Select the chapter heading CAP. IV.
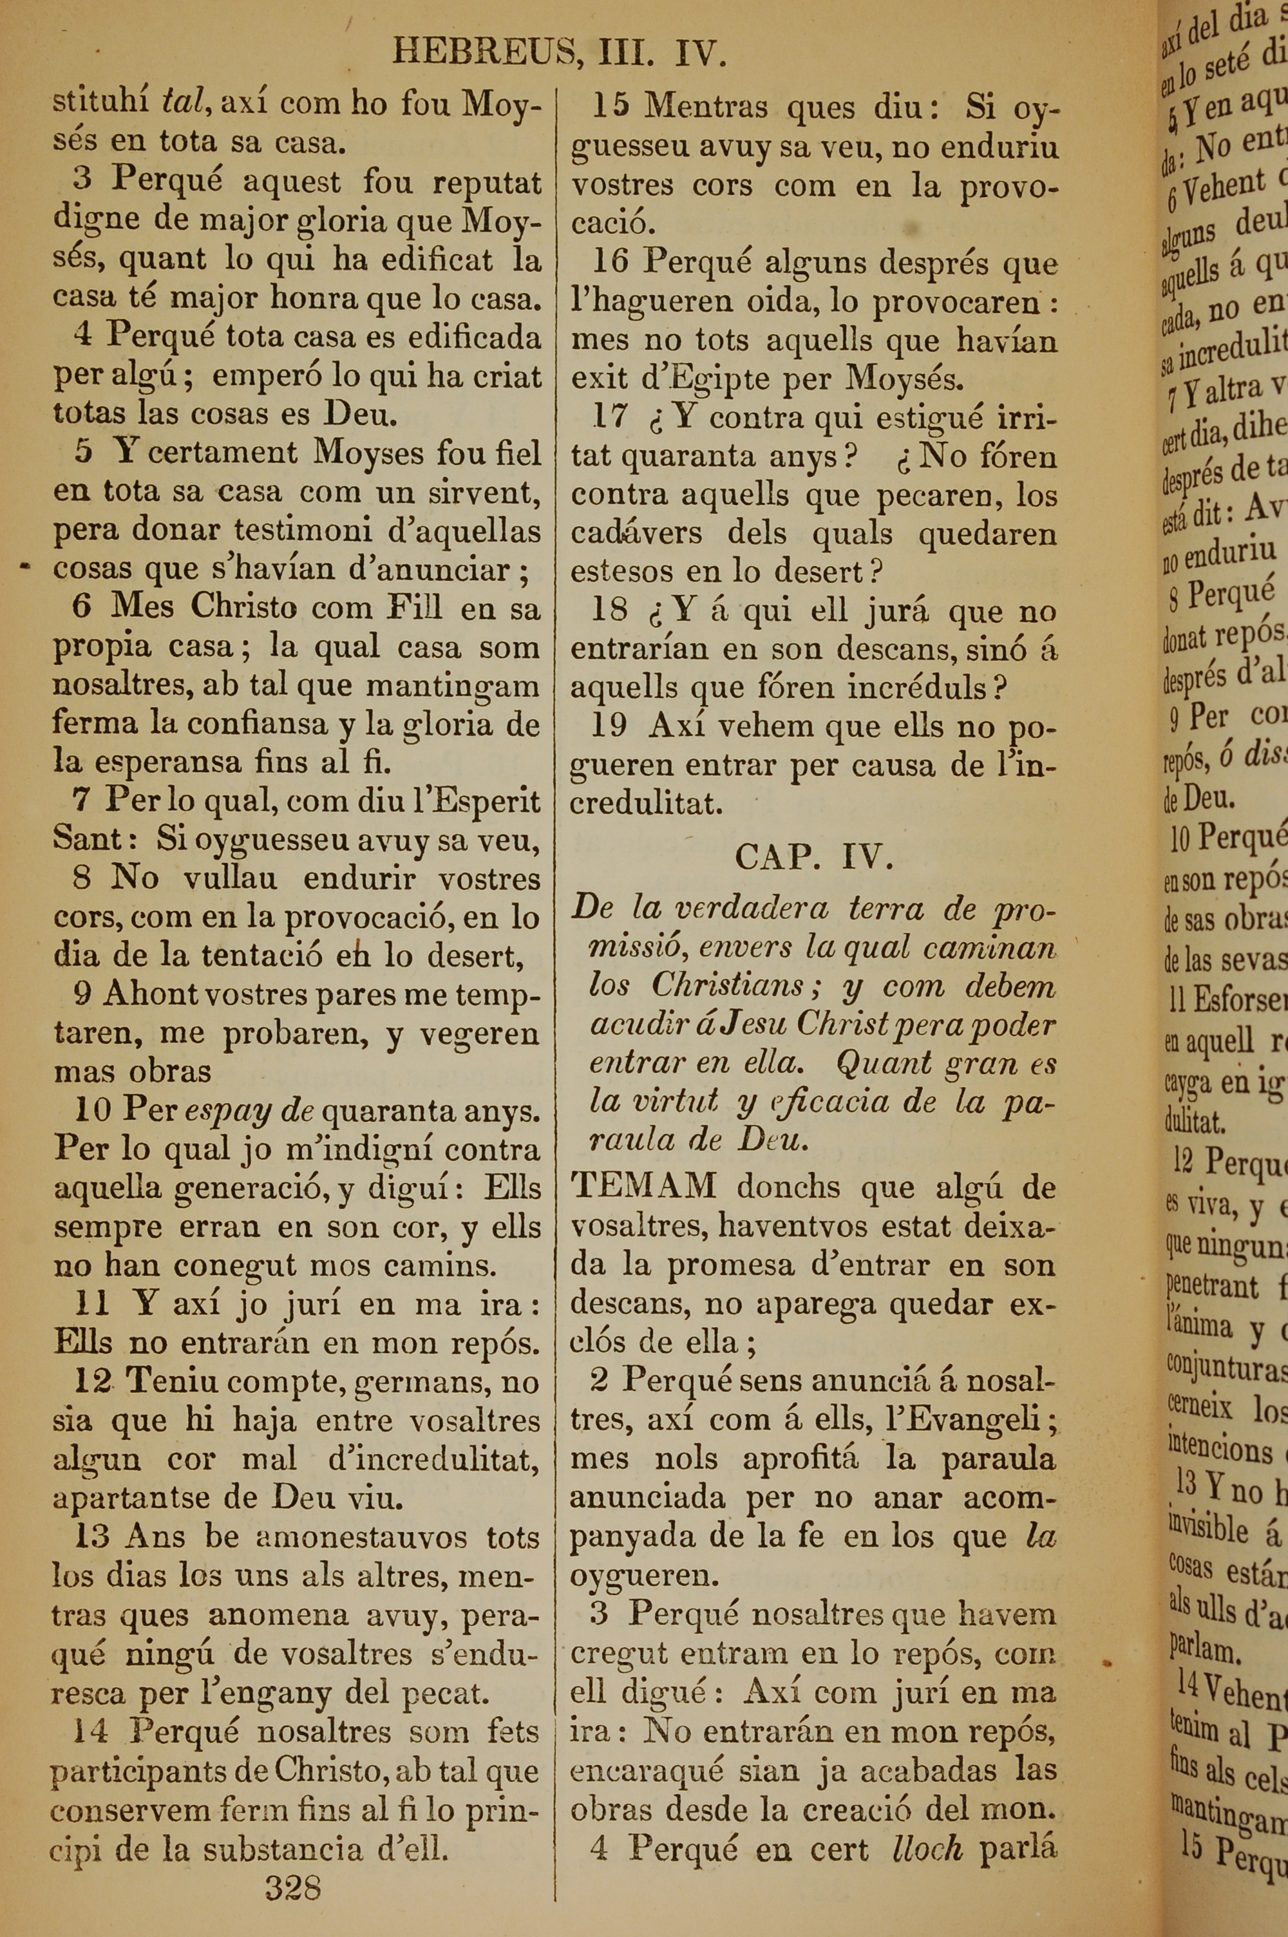click(x=813, y=857)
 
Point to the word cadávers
click(x=637, y=533)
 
